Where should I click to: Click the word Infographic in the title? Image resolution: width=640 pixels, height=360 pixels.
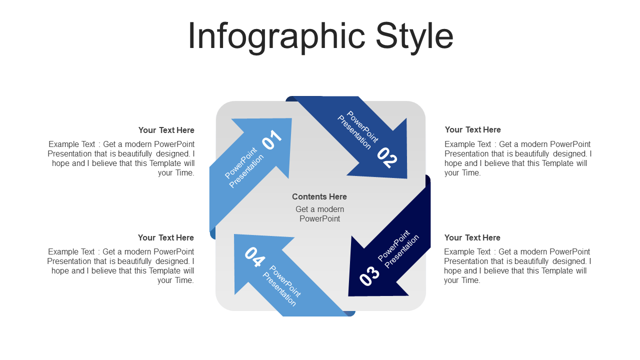(x=276, y=37)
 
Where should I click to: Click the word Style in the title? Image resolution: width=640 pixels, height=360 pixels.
(x=414, y=37)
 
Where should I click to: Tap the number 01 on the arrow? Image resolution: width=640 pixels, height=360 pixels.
(x=272, y=139)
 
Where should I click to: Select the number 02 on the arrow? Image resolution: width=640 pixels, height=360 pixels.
(x=387, y=157)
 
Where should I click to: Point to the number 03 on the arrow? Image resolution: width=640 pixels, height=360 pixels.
(x=369, y=275)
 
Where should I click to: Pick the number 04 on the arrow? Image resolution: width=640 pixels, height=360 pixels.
(x=254, y=257)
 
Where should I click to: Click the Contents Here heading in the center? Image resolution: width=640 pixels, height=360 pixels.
(x=319, y=196)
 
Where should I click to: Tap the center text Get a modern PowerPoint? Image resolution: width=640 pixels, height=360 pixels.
(x=319, y=213)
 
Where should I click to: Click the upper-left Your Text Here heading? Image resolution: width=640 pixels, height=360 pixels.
(x=166, y=130)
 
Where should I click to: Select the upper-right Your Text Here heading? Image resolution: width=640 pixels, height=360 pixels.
(x=472, y=129)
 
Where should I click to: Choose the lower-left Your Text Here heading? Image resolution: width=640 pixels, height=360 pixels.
(x=165, y=237)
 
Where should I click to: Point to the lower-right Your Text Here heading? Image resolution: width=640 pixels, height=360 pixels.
(x=472, y=237)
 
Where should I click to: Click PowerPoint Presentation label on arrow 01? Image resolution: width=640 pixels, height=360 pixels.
(x=244, y=167)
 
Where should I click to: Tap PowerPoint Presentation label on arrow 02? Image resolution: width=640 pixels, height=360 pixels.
(x=358, y=130)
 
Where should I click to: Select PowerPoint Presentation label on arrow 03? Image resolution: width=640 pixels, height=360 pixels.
(x=398, y=249)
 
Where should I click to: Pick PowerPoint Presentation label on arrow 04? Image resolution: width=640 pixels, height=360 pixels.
(x=281, y=285)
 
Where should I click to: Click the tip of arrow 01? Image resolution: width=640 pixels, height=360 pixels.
(x=291, y=118)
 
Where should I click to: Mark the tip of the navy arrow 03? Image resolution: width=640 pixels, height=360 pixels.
(x=348, y=295)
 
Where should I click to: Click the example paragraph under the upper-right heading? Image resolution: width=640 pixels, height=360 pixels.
(x=518, y=158)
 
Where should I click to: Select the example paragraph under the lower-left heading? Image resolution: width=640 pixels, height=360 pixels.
(x=120, y=265)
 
